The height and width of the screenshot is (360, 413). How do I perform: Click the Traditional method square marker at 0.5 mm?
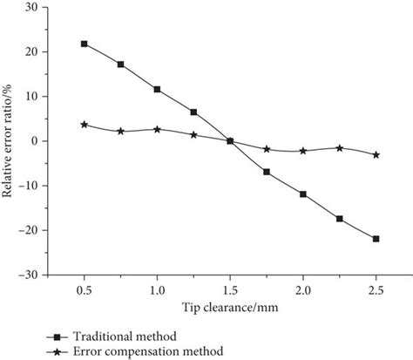coord(84,44)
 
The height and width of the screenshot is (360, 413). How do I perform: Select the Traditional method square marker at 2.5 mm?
coord(376,239)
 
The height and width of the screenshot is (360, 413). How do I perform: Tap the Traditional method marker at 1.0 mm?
coord(157,89)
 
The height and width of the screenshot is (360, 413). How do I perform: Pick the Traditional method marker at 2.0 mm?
coord(303,194)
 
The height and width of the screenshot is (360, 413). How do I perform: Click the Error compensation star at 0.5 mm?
coord(84,125)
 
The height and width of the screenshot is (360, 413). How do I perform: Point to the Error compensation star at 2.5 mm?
coord(376,154)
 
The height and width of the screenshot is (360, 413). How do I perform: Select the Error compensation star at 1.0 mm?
coord(157,129)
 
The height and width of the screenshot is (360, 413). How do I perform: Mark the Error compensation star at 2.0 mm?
coord(303,151)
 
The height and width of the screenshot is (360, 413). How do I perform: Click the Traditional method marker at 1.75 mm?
coord(267,172)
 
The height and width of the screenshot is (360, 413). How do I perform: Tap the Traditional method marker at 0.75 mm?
coord(120,64)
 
